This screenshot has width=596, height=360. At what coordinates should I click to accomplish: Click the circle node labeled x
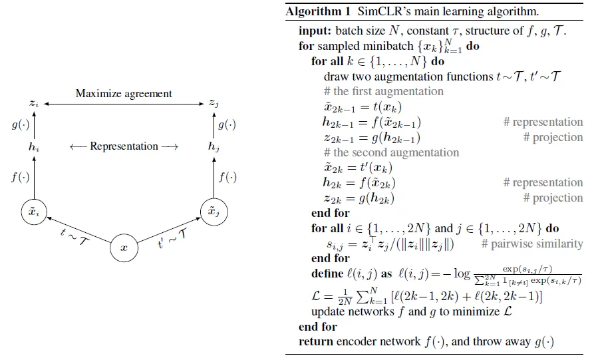pos(124,247)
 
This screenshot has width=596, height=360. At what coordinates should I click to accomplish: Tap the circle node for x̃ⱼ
pos(214,212)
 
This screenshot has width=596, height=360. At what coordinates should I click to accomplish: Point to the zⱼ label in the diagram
pos(213,103)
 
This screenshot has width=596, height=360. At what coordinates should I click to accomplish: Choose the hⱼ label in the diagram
pos(213,146)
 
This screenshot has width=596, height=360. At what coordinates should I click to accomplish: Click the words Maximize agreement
pos(123,93)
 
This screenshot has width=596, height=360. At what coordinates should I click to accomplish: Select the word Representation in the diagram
pos(124,146)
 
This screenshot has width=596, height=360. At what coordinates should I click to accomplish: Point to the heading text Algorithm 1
pos(311,12)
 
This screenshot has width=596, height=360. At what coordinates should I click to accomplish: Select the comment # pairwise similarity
pos(536,244)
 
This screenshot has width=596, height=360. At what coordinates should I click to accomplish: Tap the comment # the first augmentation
pos(384,92)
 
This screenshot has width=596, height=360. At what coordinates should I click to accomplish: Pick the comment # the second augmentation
pos(390,152)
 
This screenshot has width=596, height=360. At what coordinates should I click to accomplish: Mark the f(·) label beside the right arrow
pos(228,178)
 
